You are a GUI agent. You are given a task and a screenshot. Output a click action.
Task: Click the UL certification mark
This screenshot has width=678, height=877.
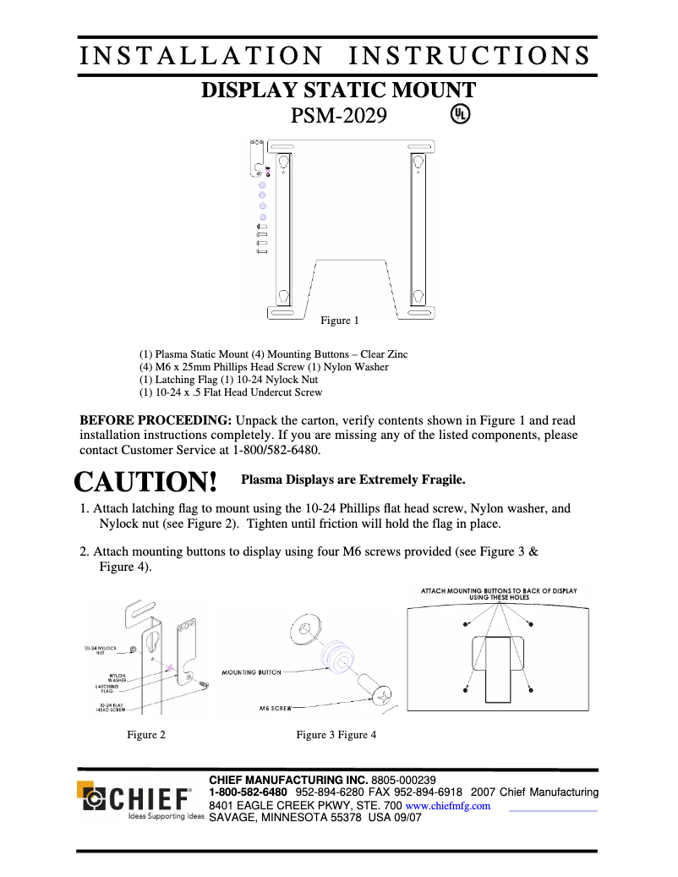click(459, 114)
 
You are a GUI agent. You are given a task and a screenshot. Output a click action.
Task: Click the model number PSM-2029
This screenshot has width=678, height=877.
click(339, 115)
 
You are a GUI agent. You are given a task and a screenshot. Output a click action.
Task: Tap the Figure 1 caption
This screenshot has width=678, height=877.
click(339, 321)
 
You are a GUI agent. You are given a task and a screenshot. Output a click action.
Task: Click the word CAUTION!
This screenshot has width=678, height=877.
click(146, 482)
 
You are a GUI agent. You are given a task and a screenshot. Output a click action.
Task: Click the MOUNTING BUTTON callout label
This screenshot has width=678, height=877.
click(251, 672)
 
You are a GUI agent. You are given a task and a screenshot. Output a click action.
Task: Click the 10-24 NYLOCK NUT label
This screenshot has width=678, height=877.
click(100, 650)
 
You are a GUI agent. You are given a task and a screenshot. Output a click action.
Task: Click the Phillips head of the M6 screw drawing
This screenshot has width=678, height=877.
click(384, 696)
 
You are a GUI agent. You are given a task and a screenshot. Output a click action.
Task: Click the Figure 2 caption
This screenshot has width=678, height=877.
click(146, 735)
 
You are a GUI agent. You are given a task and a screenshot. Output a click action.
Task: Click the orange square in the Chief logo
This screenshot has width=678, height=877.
click(86, 790)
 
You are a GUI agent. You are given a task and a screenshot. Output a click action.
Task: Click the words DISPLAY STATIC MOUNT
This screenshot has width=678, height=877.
click(338, 90)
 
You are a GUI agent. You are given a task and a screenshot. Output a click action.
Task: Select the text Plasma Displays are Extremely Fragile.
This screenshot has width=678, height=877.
click(353, 480)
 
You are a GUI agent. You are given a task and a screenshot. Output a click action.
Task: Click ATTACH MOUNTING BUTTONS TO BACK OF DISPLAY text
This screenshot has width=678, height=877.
click(499, 592)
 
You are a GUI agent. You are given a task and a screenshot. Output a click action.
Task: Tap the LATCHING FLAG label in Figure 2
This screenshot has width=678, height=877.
click(107, 688)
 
